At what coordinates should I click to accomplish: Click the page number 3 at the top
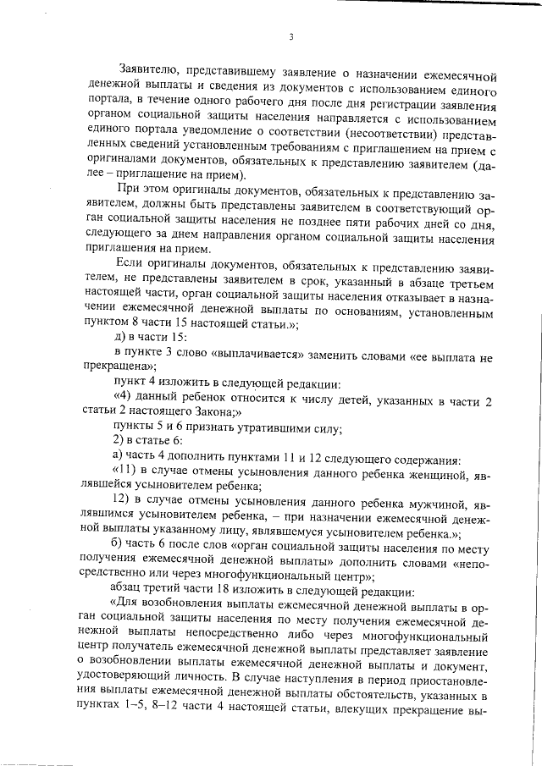(x=290, y=37)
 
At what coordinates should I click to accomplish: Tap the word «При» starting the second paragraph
(x=129, y=190)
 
